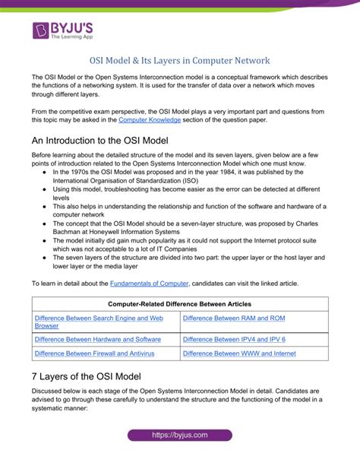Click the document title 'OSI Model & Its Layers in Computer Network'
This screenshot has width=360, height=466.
pos(179,60)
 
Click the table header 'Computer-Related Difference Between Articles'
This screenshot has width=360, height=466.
pos(180,304)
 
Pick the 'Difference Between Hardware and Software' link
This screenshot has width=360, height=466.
pos(97,339)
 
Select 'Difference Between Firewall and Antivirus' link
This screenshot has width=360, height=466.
pos(96,353)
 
